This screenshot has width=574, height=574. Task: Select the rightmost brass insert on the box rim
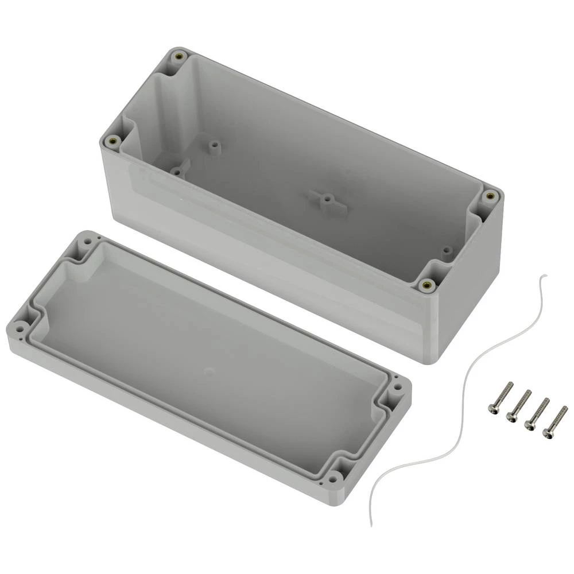(490, 196)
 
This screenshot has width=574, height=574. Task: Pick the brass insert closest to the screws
(425, 284)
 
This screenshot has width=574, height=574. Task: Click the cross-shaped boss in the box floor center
(327, 200)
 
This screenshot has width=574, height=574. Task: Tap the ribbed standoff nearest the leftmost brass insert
(176, 170)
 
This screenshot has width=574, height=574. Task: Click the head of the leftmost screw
(492, 409)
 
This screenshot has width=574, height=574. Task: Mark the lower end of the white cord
(374, 525)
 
